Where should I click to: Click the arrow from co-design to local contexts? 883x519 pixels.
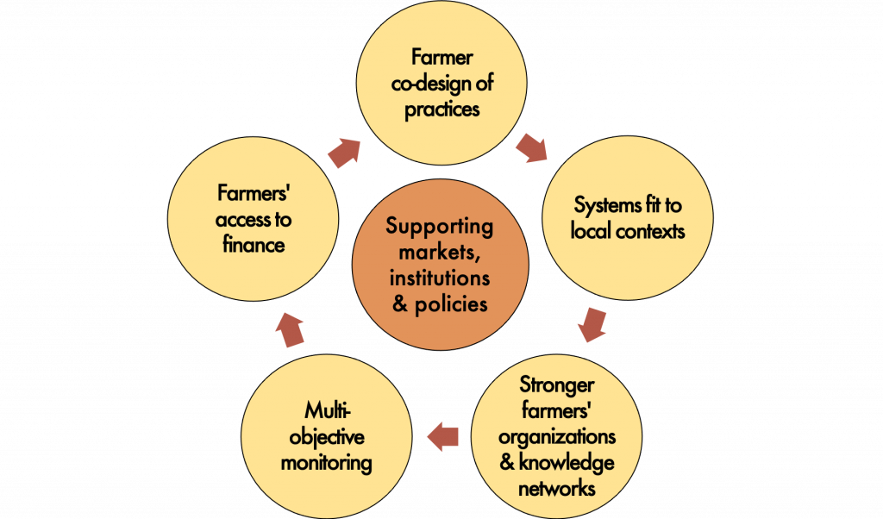point(531,147)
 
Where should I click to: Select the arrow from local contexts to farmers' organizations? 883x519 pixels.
point(591,324)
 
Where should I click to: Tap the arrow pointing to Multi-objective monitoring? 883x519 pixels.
point(442,435)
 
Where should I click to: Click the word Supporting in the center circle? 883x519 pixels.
point(440,228)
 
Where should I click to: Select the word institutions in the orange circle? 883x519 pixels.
point(440,278)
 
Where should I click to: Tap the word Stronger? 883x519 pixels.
point(557,384)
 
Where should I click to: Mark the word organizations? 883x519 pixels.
point(557,436)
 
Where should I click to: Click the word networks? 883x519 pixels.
point(557,488)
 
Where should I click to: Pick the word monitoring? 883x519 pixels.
point(326,463)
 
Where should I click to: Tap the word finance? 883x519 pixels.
point(254,246)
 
